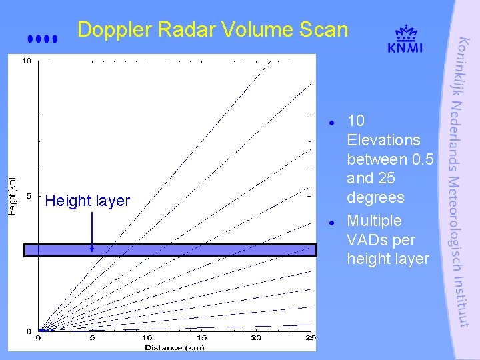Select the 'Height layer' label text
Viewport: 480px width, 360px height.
click(87, 201)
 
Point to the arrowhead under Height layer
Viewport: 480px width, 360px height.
click(92, 249)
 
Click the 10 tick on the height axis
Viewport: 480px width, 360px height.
click(27, 61)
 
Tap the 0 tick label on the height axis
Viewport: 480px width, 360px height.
click(28, 331)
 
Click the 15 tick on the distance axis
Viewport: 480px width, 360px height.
click(202, 338)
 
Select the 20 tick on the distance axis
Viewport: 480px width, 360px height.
click(256, 338)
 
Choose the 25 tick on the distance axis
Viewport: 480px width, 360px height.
click(309, 338)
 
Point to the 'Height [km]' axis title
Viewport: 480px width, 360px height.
click(12, 195)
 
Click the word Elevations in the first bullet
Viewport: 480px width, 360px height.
click(383, 140)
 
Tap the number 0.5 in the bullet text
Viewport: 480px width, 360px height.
click(422, 159)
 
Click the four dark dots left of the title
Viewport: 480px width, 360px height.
click(43, 39)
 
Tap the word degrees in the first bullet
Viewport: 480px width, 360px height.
click(375, 197)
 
